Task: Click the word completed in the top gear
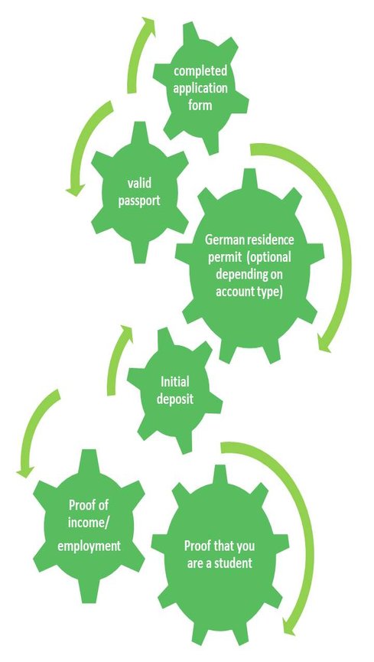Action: [200, 71]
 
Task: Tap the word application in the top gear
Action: [200, 88]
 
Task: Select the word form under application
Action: [200, 104]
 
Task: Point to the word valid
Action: [139, 184]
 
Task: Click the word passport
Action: [139, 201]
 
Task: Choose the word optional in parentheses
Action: [269, 257]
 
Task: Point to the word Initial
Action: [174, 383]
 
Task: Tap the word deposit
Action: [174, 399]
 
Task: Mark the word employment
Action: [89, 546]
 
